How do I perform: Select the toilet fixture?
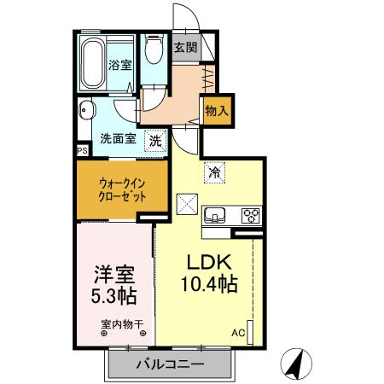click(x=154, y=53)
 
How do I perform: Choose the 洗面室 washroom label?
click(x=118, y=139)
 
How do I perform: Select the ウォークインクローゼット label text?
click(x=120, y=189)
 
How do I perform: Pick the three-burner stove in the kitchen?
click(x=251, y=215)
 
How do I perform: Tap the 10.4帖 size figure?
click(x=208, y=283)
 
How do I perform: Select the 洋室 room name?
click(x=111, y=277)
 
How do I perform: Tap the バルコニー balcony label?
click(x=170, y=365)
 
